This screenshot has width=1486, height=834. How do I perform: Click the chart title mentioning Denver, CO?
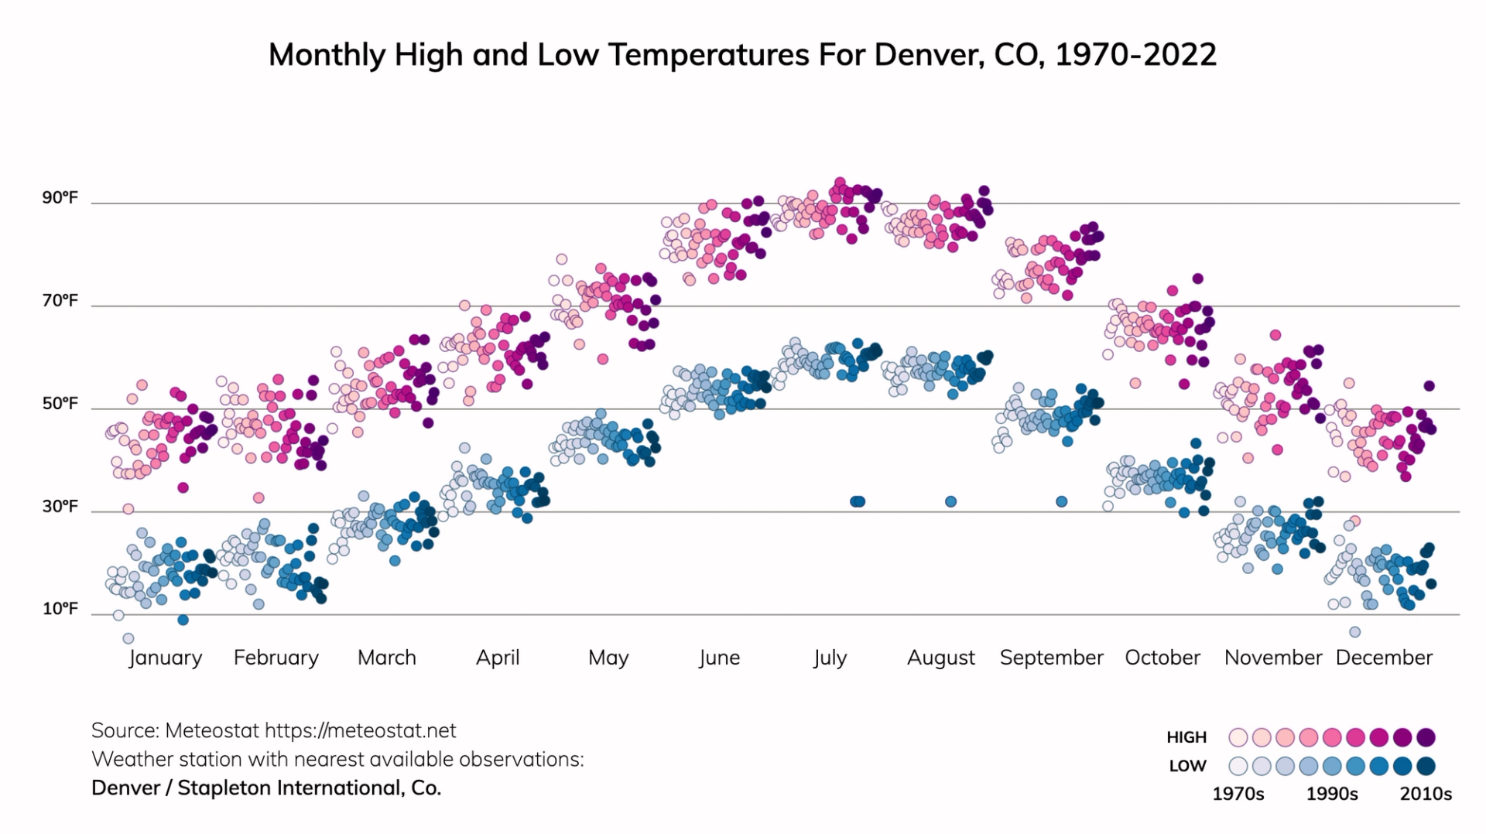point(742,55)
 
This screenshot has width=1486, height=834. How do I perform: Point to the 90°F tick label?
point(60,198)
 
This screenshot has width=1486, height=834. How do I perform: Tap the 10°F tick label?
point(60,609)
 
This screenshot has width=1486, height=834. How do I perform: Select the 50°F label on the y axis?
point(60,404)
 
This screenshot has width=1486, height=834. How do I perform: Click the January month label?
point(165,658)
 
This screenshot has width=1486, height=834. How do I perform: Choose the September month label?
point(1051,658)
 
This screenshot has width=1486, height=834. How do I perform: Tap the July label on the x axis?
point(830,658)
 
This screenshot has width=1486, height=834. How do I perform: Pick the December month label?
point(1384,658)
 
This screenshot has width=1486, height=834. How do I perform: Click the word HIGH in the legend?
point(1186,737)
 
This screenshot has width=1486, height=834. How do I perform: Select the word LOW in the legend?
point(1187,766)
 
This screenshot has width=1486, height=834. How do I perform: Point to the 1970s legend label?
point(1238,794)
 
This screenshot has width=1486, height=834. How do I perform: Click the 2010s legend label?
point(1426,794)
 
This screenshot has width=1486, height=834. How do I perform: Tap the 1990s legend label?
point(1331,794)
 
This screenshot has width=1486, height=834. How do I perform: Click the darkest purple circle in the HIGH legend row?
point(1426,737)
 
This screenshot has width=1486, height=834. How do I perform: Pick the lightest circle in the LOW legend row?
point(1238,766)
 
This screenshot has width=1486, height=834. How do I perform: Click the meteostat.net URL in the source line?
point(361,730)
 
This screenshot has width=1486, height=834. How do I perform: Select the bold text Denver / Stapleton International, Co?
point(266,788)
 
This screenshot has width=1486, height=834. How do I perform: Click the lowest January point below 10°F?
point(128,638)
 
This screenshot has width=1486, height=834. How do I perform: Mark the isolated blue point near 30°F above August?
point(950,501)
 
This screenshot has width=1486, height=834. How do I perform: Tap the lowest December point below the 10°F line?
point(1354,632)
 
